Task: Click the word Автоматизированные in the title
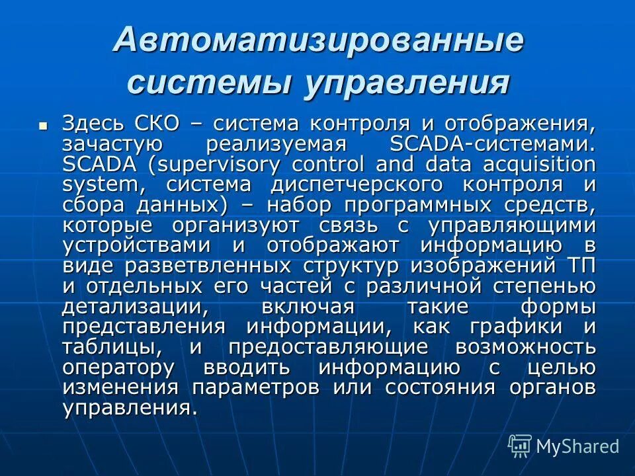coord(318,42)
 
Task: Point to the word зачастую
coord(109,143)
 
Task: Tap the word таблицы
coord(111,348)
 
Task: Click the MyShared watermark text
coord(577,446)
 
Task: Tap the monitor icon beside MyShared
coord(520,446)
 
